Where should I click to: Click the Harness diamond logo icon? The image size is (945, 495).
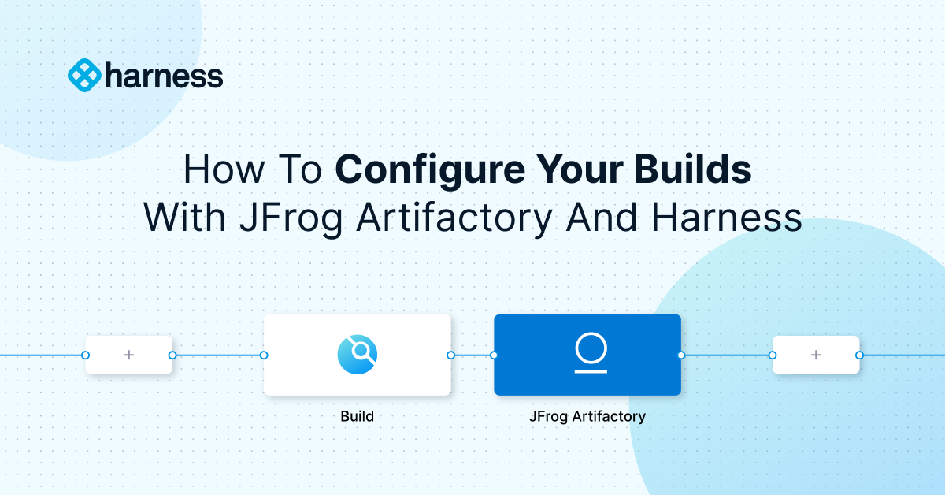84,76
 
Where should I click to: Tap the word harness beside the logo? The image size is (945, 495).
164,76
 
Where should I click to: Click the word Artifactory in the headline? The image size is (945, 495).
453,217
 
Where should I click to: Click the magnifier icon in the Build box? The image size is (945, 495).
358,355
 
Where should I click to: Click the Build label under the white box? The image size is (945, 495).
358,416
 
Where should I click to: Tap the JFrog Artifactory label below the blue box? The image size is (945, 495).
587,416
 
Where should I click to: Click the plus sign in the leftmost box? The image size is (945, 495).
129,355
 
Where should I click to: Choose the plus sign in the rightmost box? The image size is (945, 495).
816,355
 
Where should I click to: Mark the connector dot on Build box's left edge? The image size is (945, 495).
264,355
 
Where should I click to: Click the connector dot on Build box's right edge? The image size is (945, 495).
450,355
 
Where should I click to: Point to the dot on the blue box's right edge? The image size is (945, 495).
681,355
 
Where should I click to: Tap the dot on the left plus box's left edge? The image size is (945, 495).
86,355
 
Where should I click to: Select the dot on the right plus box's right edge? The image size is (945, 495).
859,355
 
